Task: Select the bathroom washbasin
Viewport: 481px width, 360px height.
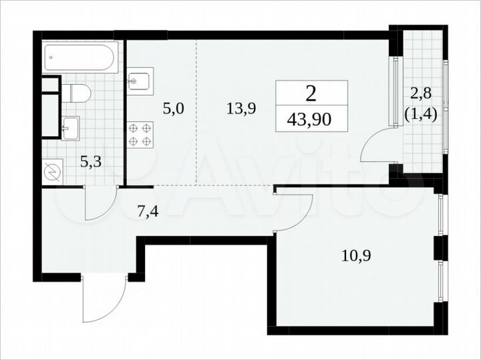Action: pyautogui.click(x=70, y=127)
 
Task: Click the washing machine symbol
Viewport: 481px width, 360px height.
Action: pyautogui.click(x=52, y=171)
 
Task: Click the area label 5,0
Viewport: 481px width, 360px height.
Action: pyautogui.click(x=172, y=109)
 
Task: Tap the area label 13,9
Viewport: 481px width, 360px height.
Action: pyautogui.click(x=241, y=109)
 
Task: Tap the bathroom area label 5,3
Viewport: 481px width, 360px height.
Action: pyautogui.click(x=92, y=160)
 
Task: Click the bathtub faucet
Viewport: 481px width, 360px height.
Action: pyautogui.click(x=50, y=57)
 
